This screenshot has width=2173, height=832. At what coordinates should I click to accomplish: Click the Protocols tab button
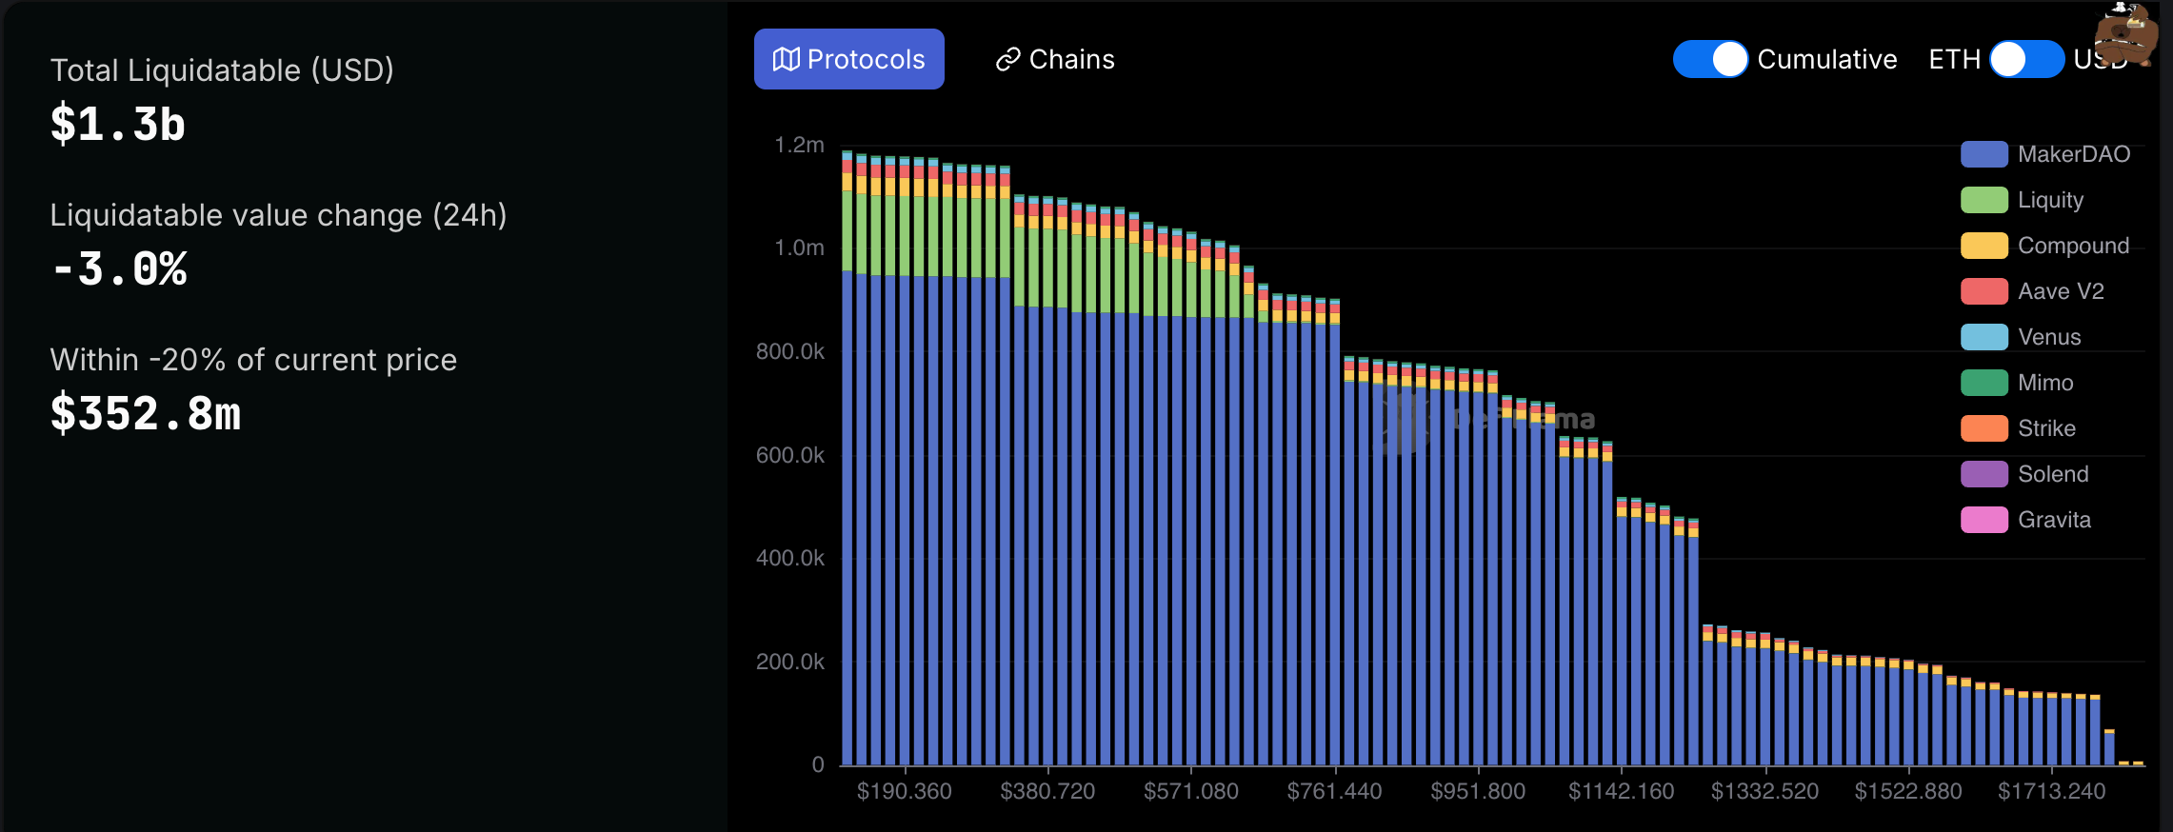(848, 59)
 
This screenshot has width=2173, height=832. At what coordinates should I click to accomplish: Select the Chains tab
(1054, 59)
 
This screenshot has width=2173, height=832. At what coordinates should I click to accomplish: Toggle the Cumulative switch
(1710, 59)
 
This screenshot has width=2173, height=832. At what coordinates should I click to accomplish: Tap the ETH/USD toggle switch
(2026, 59)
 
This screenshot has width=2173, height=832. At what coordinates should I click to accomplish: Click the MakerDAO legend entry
(2045, 154)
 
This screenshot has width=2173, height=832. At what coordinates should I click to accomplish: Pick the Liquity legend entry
(2023, 200)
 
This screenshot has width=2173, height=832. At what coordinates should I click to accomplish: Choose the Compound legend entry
(2045, 246)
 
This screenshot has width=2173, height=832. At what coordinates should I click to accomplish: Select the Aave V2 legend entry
(2033, 291)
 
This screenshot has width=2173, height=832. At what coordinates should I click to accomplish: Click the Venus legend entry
(2022, 337)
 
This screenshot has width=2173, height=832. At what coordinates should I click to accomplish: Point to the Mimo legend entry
(2018, 383)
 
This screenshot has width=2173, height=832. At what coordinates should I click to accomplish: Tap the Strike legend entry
(2019, 428)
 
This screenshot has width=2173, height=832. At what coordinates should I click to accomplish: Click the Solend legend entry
(2025, 474)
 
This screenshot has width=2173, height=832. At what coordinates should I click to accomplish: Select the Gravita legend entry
(2026, 520)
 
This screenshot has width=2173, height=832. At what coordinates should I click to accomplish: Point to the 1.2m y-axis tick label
(799, 145)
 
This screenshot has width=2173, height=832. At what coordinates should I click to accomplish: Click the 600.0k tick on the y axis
(790, 455)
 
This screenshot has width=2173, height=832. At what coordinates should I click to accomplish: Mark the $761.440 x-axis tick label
(1334, 791)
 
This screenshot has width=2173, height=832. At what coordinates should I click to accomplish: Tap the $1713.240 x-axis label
(2051, 791)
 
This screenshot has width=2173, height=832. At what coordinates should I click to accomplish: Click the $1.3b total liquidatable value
(118, 125)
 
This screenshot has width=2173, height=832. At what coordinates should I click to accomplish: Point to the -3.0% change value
(120, 269)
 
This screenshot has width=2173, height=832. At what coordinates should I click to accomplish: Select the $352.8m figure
(146, 414)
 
